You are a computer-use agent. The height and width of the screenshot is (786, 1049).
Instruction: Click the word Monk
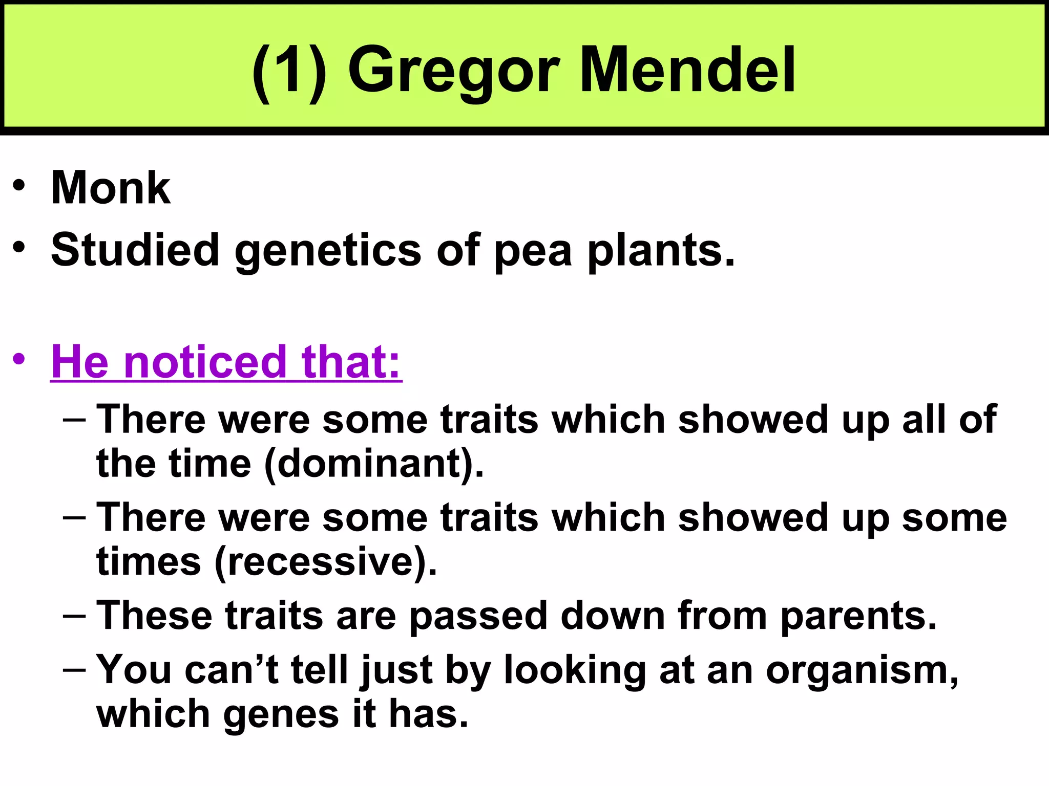(x=111, y=188)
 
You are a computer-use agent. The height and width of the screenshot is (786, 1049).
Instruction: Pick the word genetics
(x=328, y=250)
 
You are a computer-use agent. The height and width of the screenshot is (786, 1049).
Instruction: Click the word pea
(x=533, y=251)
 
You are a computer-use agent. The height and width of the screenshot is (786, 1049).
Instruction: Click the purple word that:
(x=351, y=361)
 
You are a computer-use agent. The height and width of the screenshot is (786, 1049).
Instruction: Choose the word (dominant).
(x=374, y=464)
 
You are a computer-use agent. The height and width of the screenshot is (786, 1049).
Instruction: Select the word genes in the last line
(x=281, y=714)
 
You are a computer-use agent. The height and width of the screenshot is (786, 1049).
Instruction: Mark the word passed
(x=478, y=615)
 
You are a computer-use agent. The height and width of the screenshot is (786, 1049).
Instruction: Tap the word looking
(x=575, y=670)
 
